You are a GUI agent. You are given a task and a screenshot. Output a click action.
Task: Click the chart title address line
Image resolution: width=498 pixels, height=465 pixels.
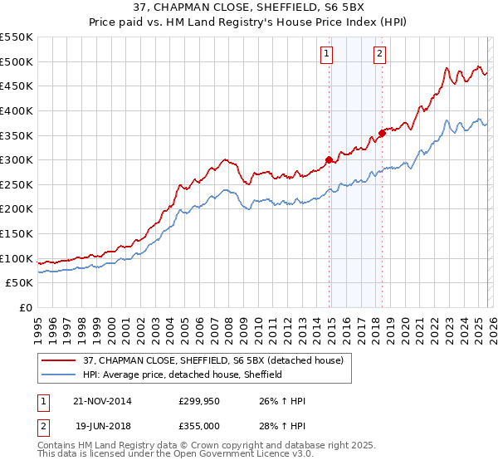click(x=249, y=7)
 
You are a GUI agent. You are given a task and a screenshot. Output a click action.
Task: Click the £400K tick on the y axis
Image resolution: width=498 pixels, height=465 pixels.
click(x=16, y=110)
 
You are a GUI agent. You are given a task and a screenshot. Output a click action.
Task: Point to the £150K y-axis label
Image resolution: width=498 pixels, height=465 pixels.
click(x=16, y=233)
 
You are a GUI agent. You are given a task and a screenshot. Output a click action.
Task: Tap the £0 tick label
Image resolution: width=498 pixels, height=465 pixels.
click(x=25, y=307)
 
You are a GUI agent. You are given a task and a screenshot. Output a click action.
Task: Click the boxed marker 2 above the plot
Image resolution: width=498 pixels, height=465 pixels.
click(x=379, y=55)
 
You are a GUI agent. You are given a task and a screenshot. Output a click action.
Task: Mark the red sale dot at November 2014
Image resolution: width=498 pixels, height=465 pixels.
click(x=330, y=159)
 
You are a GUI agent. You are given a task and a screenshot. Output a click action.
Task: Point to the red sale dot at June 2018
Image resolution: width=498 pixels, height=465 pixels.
click(x=382, y=133)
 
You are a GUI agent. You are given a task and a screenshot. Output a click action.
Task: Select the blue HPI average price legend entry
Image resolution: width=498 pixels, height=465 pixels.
click(x=183, y=374)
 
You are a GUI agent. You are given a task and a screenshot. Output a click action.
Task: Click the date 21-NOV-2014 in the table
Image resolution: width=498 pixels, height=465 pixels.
click(x=102, y=401)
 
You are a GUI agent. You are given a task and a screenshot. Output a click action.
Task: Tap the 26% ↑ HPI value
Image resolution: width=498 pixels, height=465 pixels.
click(x=283, y=401)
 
